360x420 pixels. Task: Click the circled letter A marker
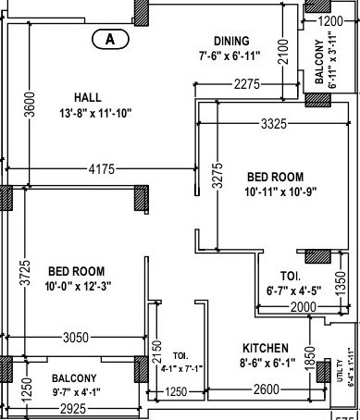[110, 39]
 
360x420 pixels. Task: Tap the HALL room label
[89, 97]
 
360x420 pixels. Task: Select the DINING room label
[230, 41]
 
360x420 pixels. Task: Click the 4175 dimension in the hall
[103, 169]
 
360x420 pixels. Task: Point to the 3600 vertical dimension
[30, 106]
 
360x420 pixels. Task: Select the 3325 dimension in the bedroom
[279, 122]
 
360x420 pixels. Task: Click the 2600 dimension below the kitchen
[267, 391]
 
